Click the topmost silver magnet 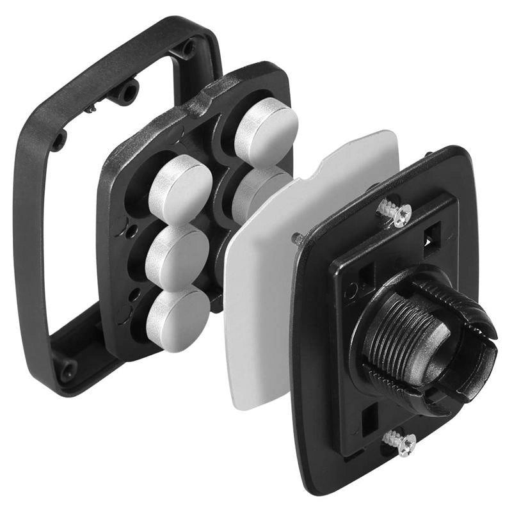pos(266,132)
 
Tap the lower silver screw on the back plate pos(400,442)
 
